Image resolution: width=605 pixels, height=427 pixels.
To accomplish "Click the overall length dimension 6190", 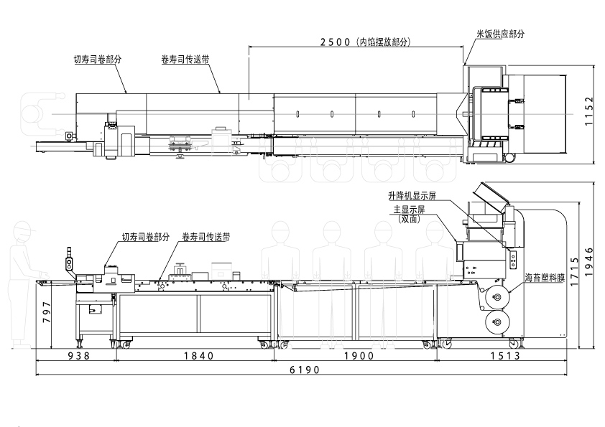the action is click(x=305, y=370).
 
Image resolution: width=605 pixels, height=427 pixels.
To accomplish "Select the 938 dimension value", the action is click(x=79, y=355).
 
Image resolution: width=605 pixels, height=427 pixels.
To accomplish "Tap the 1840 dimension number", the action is click(x=198, y=355).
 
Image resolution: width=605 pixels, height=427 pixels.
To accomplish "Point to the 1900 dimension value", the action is click(x=359, y=355).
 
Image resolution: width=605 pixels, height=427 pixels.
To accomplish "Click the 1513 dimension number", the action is click(x=505, y=355).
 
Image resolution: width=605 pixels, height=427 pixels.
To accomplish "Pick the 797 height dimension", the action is click(x=46, y=313).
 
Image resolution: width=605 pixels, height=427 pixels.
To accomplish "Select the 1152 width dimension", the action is click(x=588, y=111).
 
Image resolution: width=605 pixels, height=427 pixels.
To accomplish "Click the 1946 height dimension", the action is click(x=588, y=262).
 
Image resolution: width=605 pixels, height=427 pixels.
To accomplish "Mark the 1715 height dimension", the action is click(x=575, y=272).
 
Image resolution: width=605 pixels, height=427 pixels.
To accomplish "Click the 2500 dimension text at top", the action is click(x=336, y=42).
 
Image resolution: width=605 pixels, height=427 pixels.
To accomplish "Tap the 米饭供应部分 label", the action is click(x=501, y=34).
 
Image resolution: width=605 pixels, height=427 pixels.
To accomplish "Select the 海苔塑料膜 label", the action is click(x=545, y=278).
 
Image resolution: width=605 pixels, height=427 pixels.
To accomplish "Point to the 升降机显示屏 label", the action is click(x=412, y=196).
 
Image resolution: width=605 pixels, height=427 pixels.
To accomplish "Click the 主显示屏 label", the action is click(x=409, y=210).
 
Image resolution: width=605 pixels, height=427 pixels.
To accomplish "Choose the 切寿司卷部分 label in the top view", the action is click(x=98, y=60).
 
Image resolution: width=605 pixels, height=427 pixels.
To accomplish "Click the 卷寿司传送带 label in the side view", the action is click(x=206, y=237).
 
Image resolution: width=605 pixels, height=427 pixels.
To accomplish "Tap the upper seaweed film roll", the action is click(x=497, y=297).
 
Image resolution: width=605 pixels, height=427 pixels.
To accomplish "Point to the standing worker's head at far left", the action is click(x=22, y=231).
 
